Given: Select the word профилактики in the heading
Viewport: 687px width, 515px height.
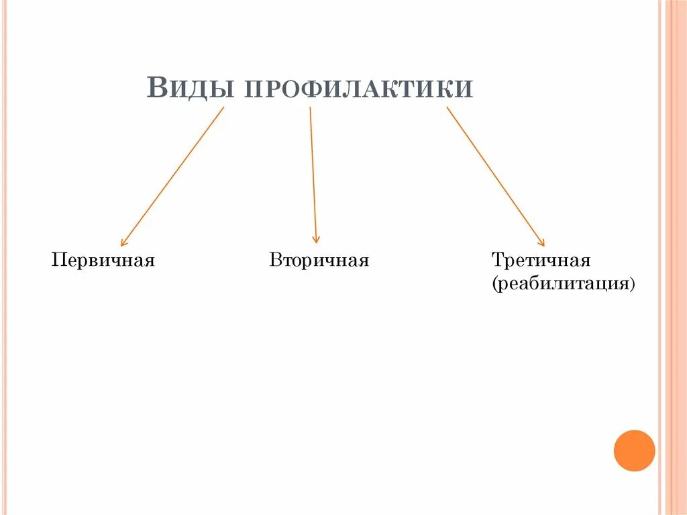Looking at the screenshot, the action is pos(358,89).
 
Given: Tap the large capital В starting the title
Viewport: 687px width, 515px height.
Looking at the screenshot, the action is pos(157,88).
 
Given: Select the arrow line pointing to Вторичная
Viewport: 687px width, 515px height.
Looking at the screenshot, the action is pos(313,175).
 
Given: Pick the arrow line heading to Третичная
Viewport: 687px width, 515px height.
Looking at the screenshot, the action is pos(495,177).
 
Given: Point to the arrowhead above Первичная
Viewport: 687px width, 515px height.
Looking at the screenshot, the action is pos(123,243).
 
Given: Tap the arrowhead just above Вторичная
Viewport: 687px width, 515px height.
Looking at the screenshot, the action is pos(316,239).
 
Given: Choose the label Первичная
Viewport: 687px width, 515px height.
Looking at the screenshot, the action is pos(103,260).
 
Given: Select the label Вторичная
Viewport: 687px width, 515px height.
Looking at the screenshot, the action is pos(319,260).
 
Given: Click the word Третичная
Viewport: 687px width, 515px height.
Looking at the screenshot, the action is pos(541,260).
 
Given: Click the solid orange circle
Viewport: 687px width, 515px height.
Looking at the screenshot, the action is pos(634,451).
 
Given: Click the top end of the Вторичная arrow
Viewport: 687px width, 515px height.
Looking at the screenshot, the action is pos(310,108).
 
